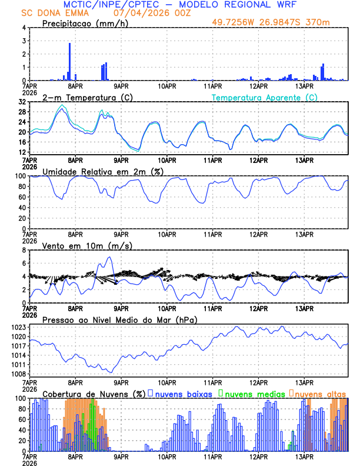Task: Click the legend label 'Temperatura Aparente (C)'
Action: (x=265, y=97)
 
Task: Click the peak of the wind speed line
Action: (x=109, y=257)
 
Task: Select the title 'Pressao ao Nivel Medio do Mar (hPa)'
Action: (x=120, y=319)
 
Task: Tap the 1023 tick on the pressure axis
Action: (x=18, y=327)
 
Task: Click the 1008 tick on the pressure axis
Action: (x=18, y=374)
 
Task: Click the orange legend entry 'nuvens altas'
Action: (x=320, y=394)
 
